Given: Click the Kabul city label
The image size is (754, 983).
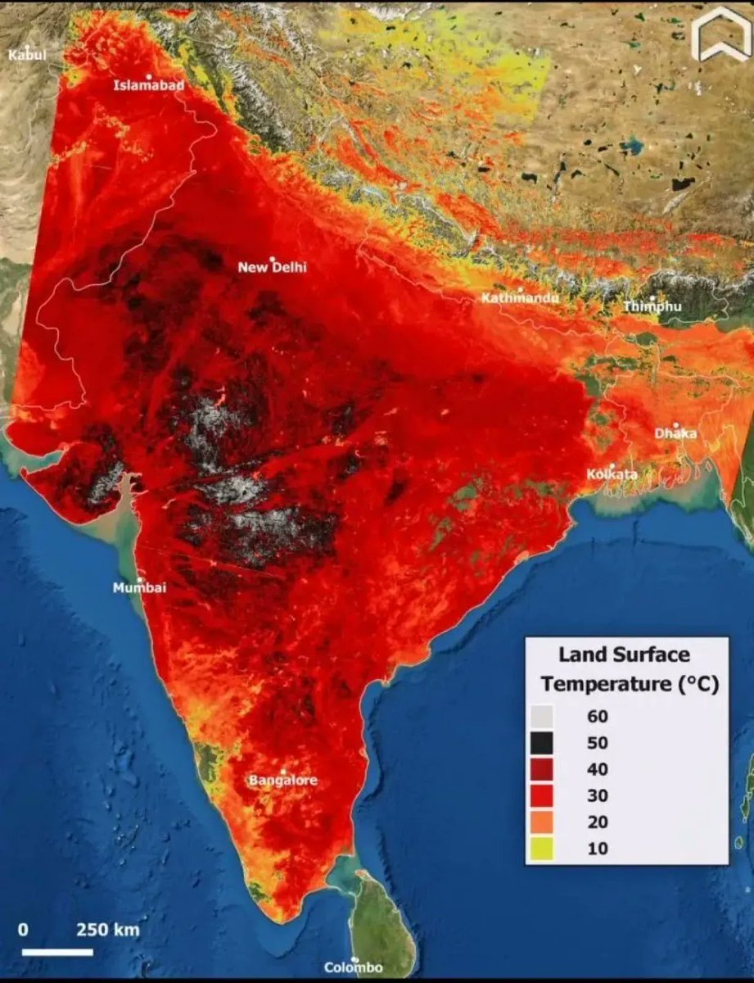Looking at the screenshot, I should (x=27, y=55).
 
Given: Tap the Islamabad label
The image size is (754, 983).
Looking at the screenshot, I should (x=148, y=84).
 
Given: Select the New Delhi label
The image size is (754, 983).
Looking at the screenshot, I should (x=272, y=267).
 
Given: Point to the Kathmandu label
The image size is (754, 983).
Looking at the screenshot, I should (x=520, y=298).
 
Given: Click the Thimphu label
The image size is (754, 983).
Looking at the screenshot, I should (x=652, y=306).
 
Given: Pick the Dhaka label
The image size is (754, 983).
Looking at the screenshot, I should (x=675, y=433).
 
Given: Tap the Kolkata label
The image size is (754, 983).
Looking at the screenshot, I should (x=612, y=474).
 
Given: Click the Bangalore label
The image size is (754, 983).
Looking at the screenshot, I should (x=282, y=780).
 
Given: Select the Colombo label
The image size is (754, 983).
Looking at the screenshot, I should (x=353, y=967).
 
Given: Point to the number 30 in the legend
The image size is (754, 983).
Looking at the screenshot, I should (x=598, y=796).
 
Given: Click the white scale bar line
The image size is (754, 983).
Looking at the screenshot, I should (x=56, y=952).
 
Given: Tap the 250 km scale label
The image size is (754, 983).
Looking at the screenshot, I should (x=108, y=930).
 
